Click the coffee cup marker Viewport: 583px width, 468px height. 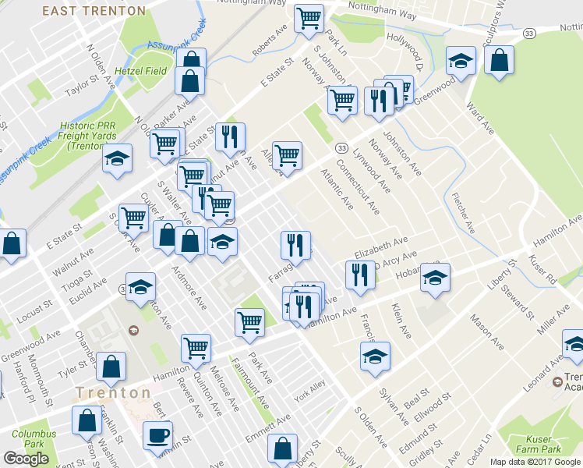click(x=157, y=434)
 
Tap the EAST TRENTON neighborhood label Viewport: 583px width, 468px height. click(x=94, y=11)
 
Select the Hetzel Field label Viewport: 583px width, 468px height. click(x=142, y=70)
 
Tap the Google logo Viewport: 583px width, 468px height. click(x=26, y=459)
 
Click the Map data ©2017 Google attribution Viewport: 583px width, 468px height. click(x=535, y=462)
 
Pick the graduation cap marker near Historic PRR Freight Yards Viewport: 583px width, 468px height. click(x=117, y=159)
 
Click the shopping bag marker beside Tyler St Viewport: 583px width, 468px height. click(x=112, y=365)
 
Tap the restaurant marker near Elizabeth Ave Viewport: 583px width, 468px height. click(x=359, y=275)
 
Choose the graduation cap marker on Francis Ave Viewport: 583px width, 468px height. click(x=376, y=356)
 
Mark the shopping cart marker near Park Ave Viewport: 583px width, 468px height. click(x=249, y=321)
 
